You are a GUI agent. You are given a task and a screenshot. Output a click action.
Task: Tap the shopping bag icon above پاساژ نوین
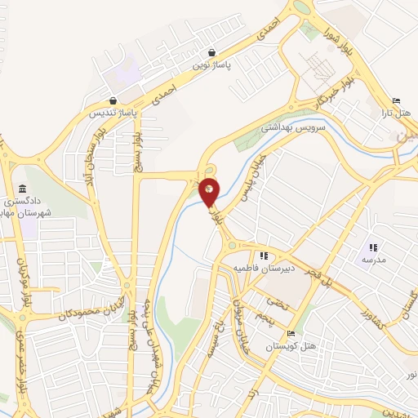tap(212, 51)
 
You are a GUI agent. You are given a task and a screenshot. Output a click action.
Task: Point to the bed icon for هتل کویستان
tap(291, 334)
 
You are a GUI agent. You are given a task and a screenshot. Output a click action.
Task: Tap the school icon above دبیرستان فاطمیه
tap(264, 256)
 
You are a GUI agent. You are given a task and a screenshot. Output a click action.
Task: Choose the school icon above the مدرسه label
tap(373, 247)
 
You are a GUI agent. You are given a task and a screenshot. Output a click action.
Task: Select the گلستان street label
tap(403, 302)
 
